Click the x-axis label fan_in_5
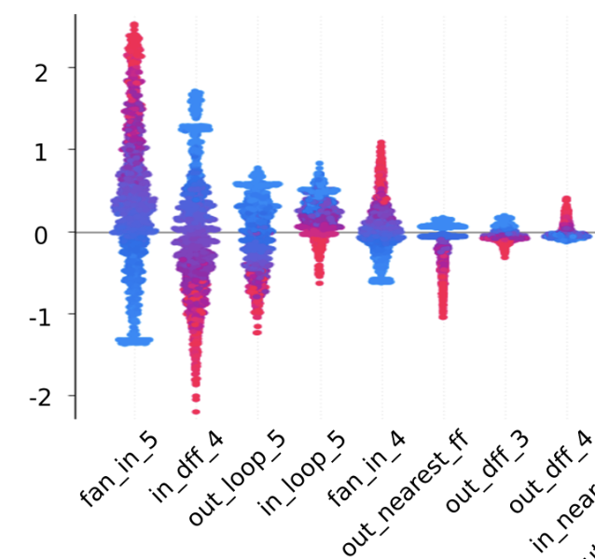(x=118, y=470)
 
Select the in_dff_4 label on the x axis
(x=187, y=470)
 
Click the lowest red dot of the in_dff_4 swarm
(x=196, y=411)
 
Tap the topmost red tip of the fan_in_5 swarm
(x=134, y=25)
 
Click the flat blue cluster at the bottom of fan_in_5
(x=134, y=341)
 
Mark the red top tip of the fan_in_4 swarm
(x=381, y=144)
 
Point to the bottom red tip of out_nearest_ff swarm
(x=443, y=316)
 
